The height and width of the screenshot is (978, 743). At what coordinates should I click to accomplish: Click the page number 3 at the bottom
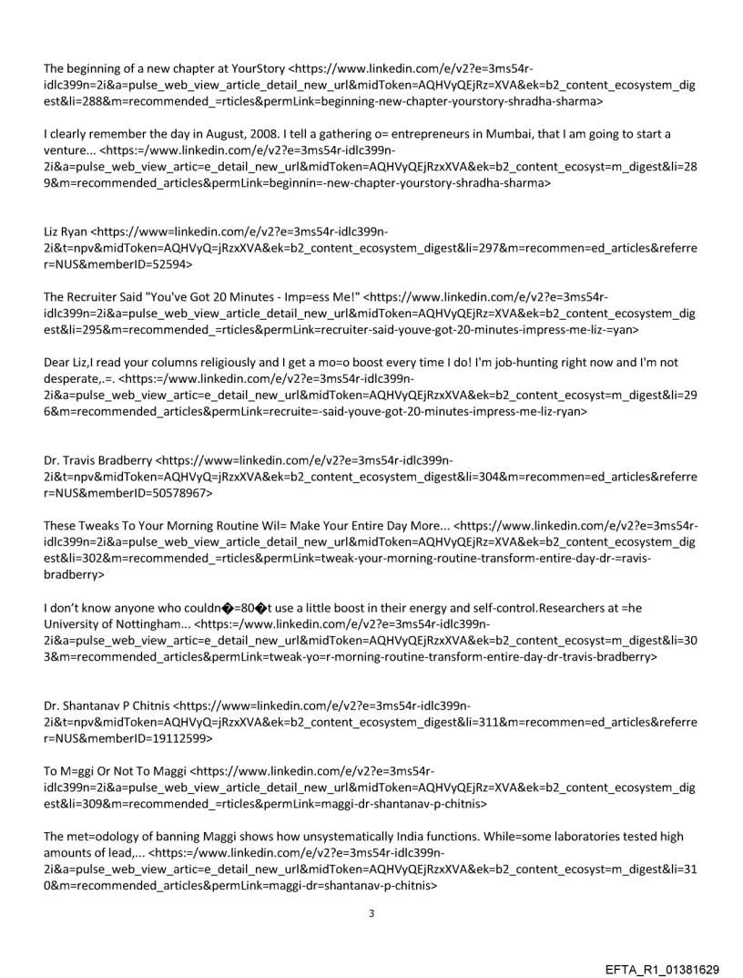coord(371,887)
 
